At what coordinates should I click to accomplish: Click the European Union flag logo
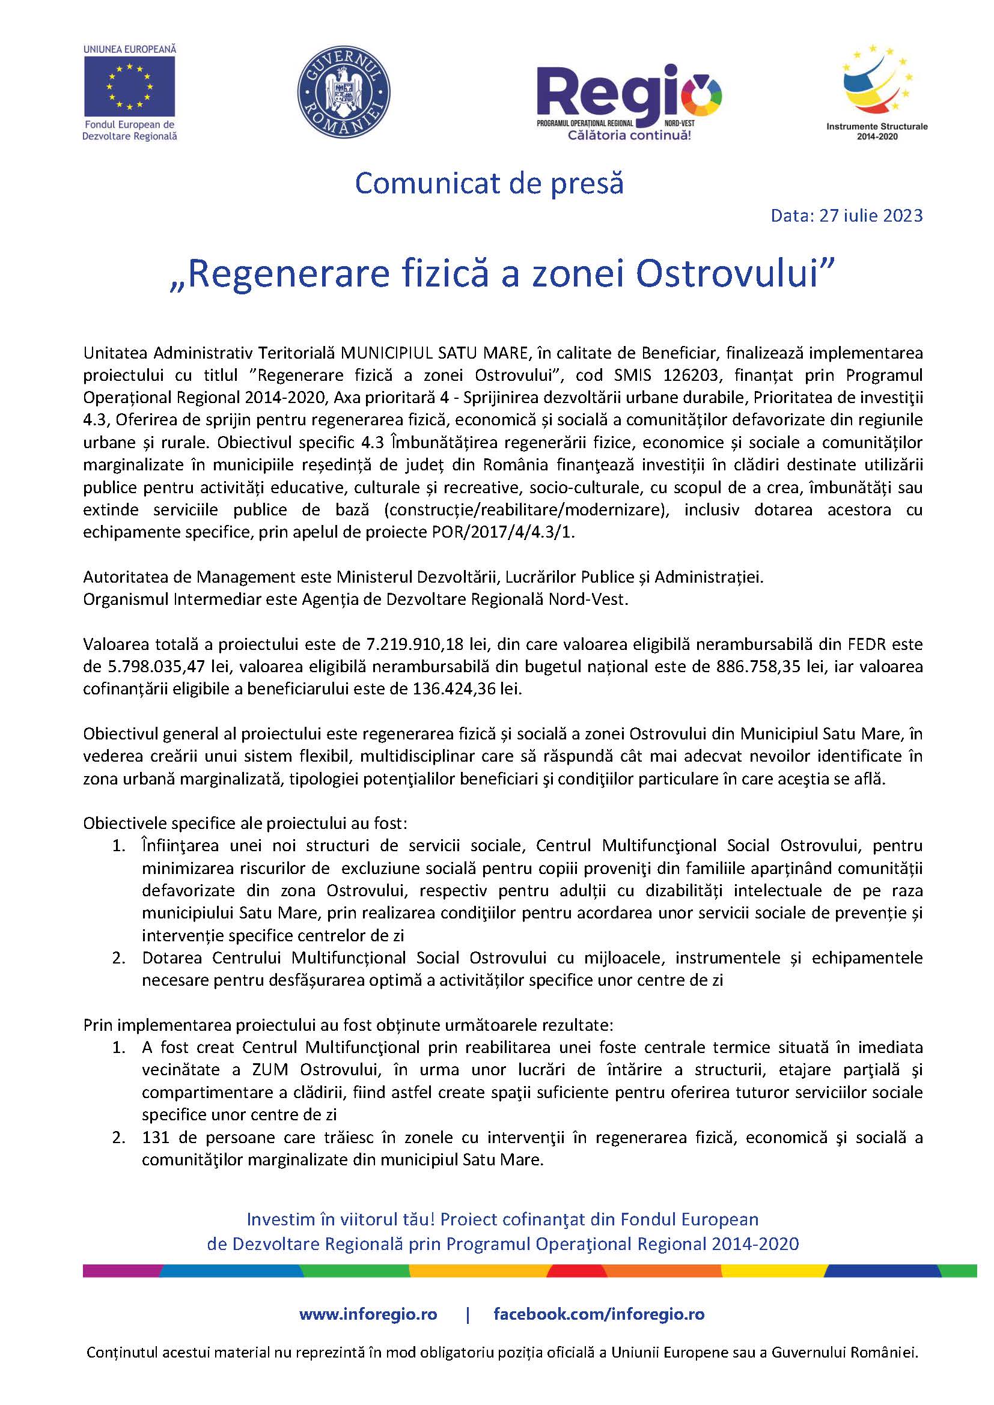coord(129,86)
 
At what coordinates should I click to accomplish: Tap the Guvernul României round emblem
coord(343,92)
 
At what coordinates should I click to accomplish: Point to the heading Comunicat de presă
coord(489,184)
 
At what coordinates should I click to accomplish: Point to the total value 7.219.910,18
coord(416,645)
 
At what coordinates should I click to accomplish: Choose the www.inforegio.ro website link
coord(368,1314)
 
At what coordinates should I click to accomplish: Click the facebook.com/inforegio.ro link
coord(599,1314)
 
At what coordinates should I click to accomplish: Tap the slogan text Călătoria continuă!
coord(629,135)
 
